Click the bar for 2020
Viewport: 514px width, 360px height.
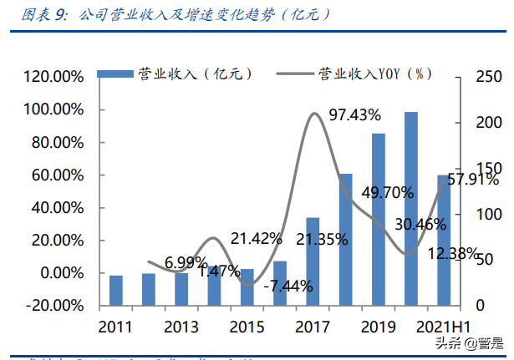[x=410, y=209]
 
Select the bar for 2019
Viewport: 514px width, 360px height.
[x=379, y=220]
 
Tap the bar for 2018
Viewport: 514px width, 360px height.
[x=345, y=240]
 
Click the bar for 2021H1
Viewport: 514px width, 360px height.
[x=444, y=241]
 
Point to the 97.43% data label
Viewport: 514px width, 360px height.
[x=354, y=114]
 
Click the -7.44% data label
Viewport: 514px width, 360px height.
[x=287, y=286]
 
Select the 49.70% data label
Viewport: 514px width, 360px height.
[x=387, y=193]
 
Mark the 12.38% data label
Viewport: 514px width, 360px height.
[x=453, y=252]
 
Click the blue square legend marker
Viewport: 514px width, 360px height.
[x=104, y=74]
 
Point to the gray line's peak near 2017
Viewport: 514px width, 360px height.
[x=314, y=114]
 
